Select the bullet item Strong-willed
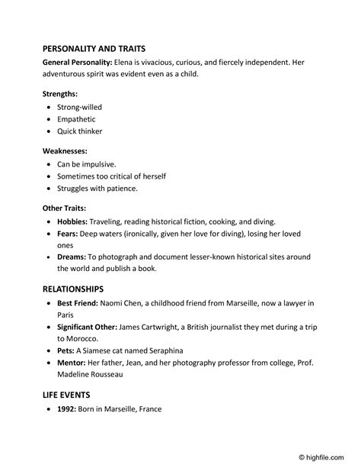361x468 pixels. pos(79,107)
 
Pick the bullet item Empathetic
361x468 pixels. pos(76,119)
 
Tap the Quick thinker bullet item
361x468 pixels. pos(79,131)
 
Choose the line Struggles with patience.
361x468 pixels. pos(97,189)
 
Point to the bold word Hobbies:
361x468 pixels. pos(73,221)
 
